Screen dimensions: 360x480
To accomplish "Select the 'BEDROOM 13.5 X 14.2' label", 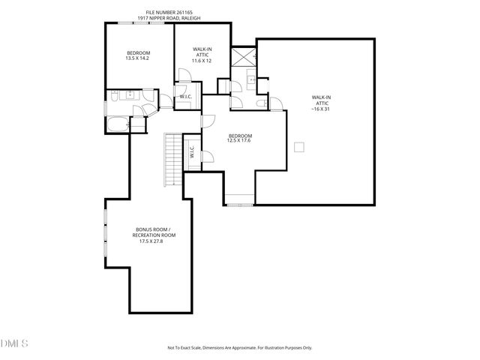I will point(138,55).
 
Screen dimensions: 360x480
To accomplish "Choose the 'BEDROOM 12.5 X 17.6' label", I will point(239,137).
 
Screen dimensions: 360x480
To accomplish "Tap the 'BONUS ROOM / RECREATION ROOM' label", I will point(153,235).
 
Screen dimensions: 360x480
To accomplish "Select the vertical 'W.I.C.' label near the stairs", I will point(192,152).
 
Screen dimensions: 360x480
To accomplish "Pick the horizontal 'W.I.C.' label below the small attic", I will point(185,97).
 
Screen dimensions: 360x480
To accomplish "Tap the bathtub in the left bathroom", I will point(118,124).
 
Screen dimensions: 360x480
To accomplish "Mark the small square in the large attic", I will point(300,146).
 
